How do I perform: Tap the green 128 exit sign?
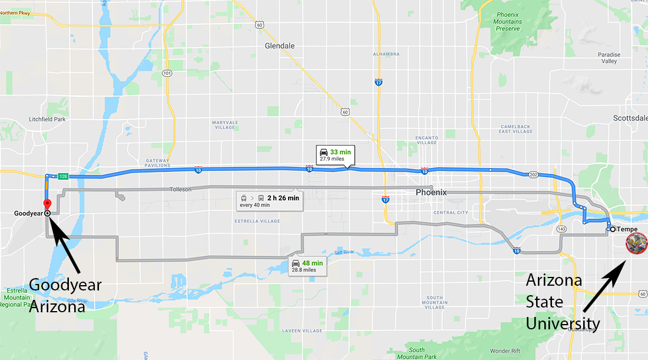point(64,176)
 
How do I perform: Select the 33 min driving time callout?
point(335,155)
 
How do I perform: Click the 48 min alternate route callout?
point(309,266)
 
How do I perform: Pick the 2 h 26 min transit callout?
point(270,201)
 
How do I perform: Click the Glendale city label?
point(279,45)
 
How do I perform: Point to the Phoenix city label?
point(431,193)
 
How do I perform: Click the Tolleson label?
point(181,190)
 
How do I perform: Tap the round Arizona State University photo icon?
point(636,243)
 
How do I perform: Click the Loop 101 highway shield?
point(167,73)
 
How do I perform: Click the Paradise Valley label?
point(609,58)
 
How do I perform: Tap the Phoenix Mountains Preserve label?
point(507,22)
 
